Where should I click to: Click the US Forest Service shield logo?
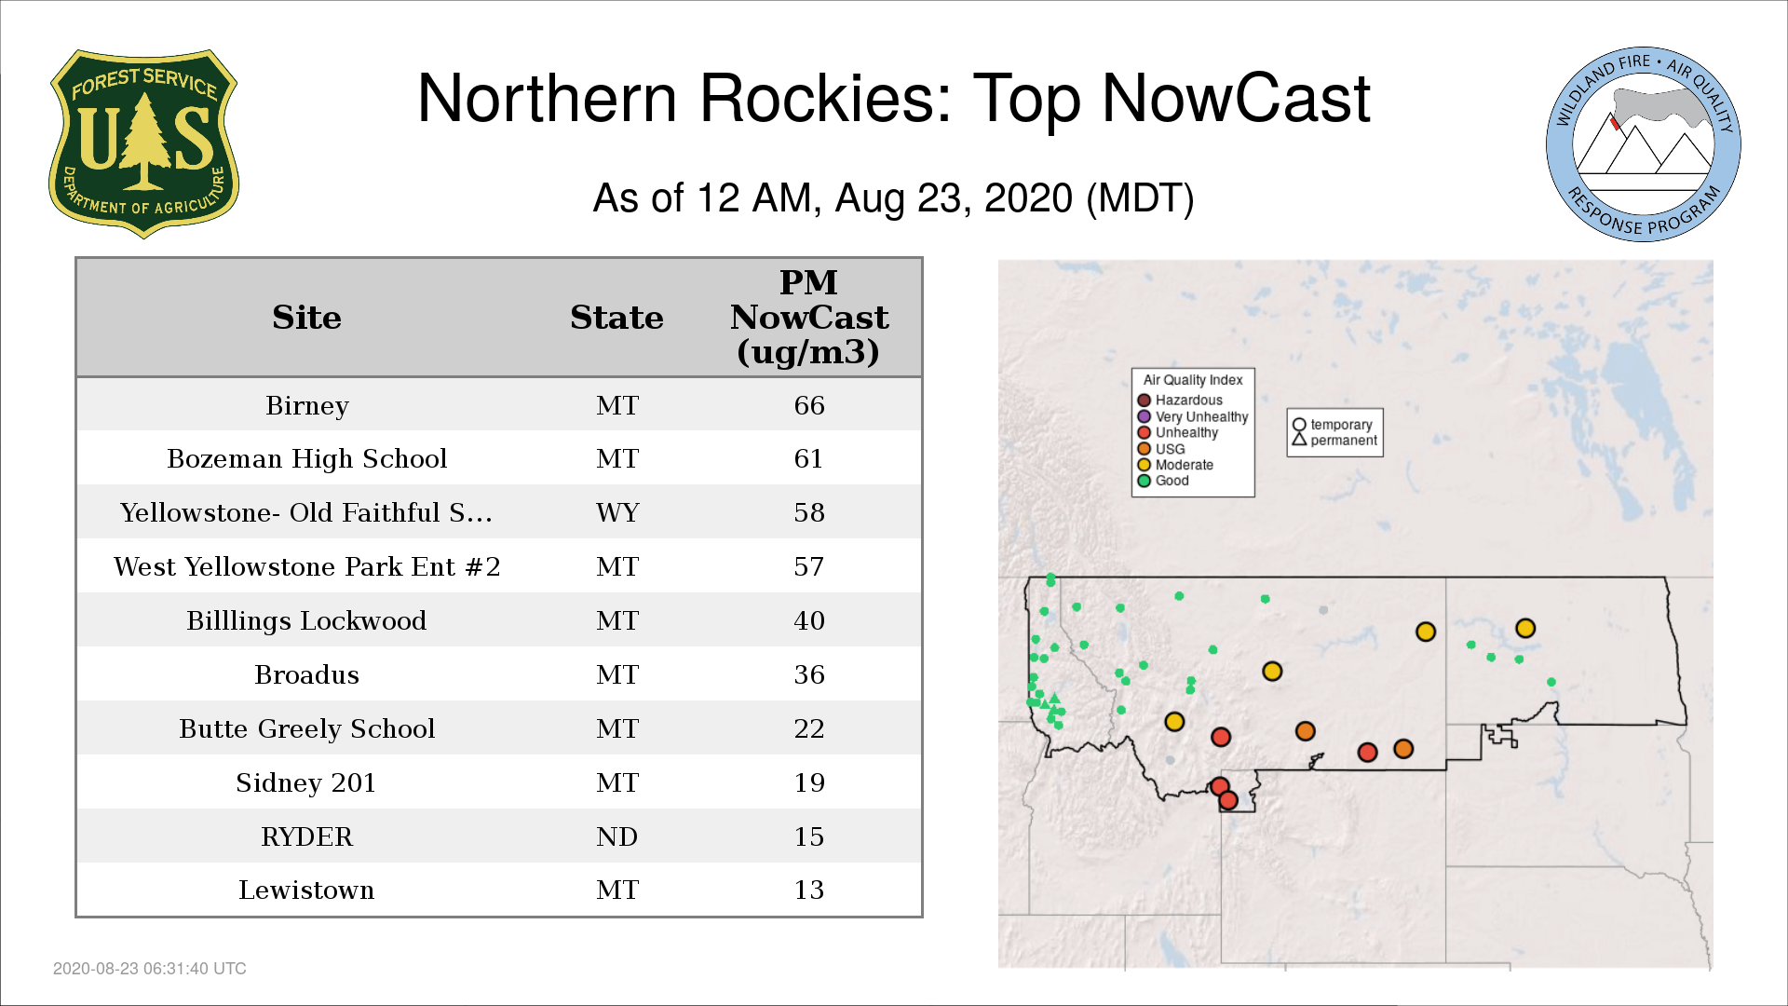pos(143,143)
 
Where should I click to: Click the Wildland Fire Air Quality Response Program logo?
pos(1644,144)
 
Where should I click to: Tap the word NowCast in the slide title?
pos(1236,99)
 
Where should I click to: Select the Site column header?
pos(306,318)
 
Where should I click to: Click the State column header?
pos(616,318)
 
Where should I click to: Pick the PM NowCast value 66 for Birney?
pos(809,405)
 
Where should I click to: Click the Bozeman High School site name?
pos(307,458)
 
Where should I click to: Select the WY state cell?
pos(617,512)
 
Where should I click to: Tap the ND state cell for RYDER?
pos(617,836)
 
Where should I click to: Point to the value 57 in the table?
pos(809,566)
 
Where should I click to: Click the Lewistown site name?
pos(306,890)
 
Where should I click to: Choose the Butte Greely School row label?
pos(307,728)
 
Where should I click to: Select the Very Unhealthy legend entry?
pos(1193,416)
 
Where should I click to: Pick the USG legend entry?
pos(1161,449)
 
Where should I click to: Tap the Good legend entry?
pos(1163,481)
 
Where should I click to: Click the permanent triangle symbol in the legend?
pos(1299,439)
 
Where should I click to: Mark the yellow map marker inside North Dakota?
pos(1525,629)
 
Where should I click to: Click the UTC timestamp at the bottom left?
pos(150,969)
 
